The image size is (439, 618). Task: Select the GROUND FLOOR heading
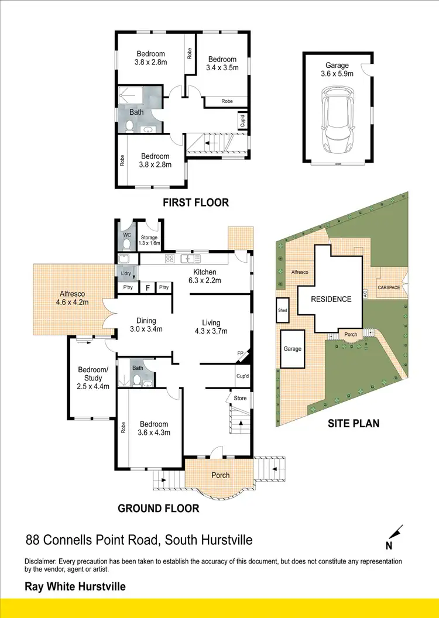(159, 508)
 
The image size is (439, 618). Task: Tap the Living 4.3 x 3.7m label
(211, 327)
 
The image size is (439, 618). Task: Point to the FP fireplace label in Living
(239, 353)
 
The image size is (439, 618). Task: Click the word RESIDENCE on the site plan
(331, 299)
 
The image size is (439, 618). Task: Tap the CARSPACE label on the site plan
(389, 287)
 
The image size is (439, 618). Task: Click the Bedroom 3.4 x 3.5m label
(222, 63)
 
